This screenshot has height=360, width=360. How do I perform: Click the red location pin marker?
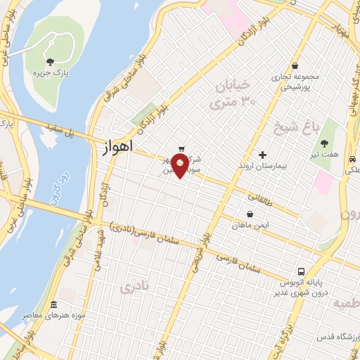(181, 165)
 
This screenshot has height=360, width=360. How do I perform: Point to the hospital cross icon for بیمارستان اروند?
(263, 154)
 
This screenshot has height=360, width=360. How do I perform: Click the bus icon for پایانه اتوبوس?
(301, 271)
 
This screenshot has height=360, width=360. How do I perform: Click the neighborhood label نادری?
(135, 288)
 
